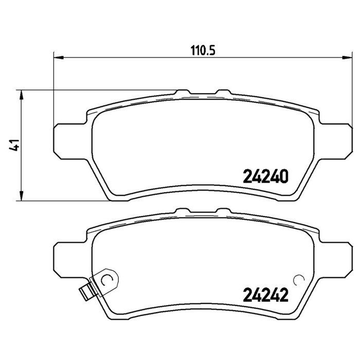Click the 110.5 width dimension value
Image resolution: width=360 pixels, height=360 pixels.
coord(203,50)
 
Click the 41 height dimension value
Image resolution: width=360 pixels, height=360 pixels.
coord(14,145)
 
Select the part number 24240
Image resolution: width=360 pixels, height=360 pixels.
coord(265,176)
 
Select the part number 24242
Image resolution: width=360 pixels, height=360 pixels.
coord(265,295)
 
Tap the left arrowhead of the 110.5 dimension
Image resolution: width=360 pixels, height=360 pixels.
coord(58,58)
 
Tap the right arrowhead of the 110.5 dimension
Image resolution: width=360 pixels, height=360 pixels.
coord(347,58)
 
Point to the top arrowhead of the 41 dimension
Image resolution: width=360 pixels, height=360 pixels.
coord(22,95)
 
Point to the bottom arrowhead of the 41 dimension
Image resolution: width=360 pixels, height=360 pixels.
coord(22,196)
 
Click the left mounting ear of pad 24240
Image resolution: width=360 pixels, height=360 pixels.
coord(70,141)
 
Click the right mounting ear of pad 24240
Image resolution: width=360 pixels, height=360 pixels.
coord(335,141)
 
